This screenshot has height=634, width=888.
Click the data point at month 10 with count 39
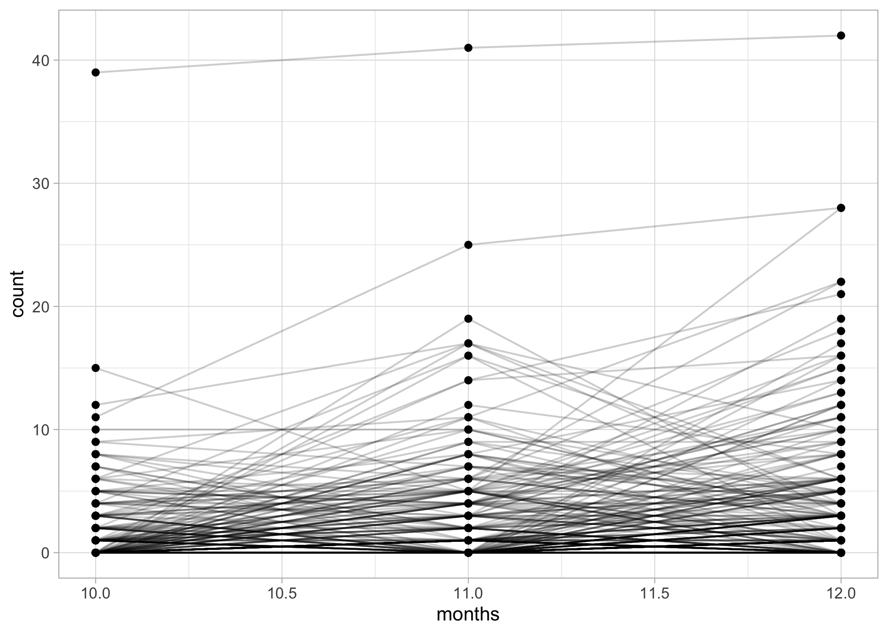coord(96,72)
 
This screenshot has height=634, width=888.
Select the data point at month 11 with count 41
coord(468,48)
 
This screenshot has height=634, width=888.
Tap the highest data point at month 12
coord(841,36)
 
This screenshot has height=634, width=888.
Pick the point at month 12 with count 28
coord(841,208)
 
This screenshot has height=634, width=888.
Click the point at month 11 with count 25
coord(468,245)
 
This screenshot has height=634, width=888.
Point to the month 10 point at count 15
coord(96,368)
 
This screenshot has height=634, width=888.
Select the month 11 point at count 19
coord(468,319)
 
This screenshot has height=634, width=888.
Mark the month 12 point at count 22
coord(841,282)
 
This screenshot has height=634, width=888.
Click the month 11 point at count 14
coord(468,380)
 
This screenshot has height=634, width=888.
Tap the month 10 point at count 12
coord(96,405)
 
